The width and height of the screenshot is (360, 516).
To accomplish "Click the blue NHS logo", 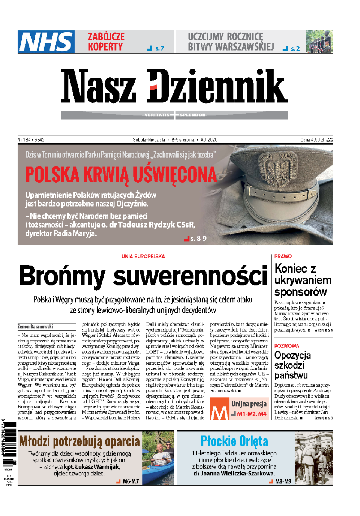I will [x=46, y=42].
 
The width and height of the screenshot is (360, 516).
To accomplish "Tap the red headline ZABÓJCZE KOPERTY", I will [x=106, y=42].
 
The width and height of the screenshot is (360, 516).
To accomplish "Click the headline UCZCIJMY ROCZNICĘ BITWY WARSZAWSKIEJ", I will [x=231, y=42].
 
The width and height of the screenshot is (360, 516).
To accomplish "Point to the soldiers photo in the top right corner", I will [x=319, y=42].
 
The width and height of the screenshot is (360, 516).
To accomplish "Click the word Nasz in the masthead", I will [x=98, y=86].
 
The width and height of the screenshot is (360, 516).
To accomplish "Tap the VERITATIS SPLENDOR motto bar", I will [x=175, y=115].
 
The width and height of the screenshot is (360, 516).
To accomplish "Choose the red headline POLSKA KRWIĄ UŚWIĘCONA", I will [x=121, y=175].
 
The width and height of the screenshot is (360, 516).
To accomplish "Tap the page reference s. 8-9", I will [x=198, y=238].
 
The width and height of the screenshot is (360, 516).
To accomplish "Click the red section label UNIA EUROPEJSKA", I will [x=143, y=256].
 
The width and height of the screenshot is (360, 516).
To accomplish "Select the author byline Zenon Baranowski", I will [x=35, y=327].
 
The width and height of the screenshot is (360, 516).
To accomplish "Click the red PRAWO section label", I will [x=283, y=256].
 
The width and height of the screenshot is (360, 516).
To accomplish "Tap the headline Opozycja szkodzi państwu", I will [x=292, y=365].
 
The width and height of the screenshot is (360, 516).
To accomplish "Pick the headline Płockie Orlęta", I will [x=234, y=441].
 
